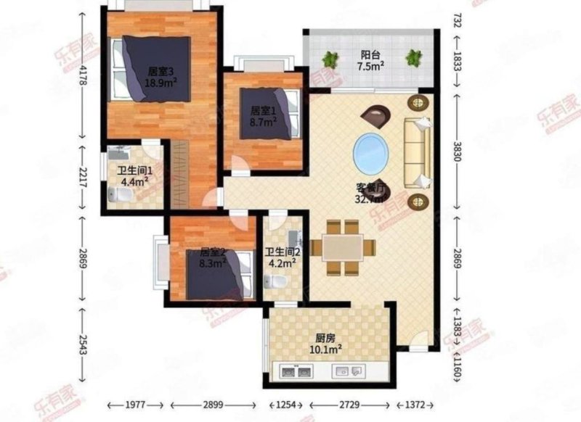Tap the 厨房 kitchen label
click(325, 337)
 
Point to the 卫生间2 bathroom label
click(281, 252)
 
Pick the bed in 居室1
click(269, 114)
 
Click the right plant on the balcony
click(414, 57)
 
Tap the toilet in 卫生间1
click(118, 195)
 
